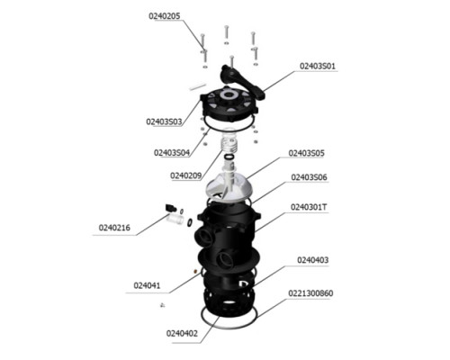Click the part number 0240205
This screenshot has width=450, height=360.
[165, 16]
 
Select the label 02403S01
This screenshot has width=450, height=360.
[318, 66]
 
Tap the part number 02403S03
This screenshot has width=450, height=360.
[164, 121]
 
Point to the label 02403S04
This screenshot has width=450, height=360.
[172, 153]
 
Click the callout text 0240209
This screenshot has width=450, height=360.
[186, 175]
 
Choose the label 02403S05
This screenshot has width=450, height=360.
[306, 153]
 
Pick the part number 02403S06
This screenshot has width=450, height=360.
[309, 177]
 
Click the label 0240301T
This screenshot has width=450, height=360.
[309, 207]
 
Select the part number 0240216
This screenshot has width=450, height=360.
[114, 228]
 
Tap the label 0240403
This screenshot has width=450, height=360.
[313, 260]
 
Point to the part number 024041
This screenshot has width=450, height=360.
[147, 285]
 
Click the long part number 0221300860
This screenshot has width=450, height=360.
[310, 293]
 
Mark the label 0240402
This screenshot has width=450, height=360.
[182, 333]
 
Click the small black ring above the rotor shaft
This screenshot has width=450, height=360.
[229, 157]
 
